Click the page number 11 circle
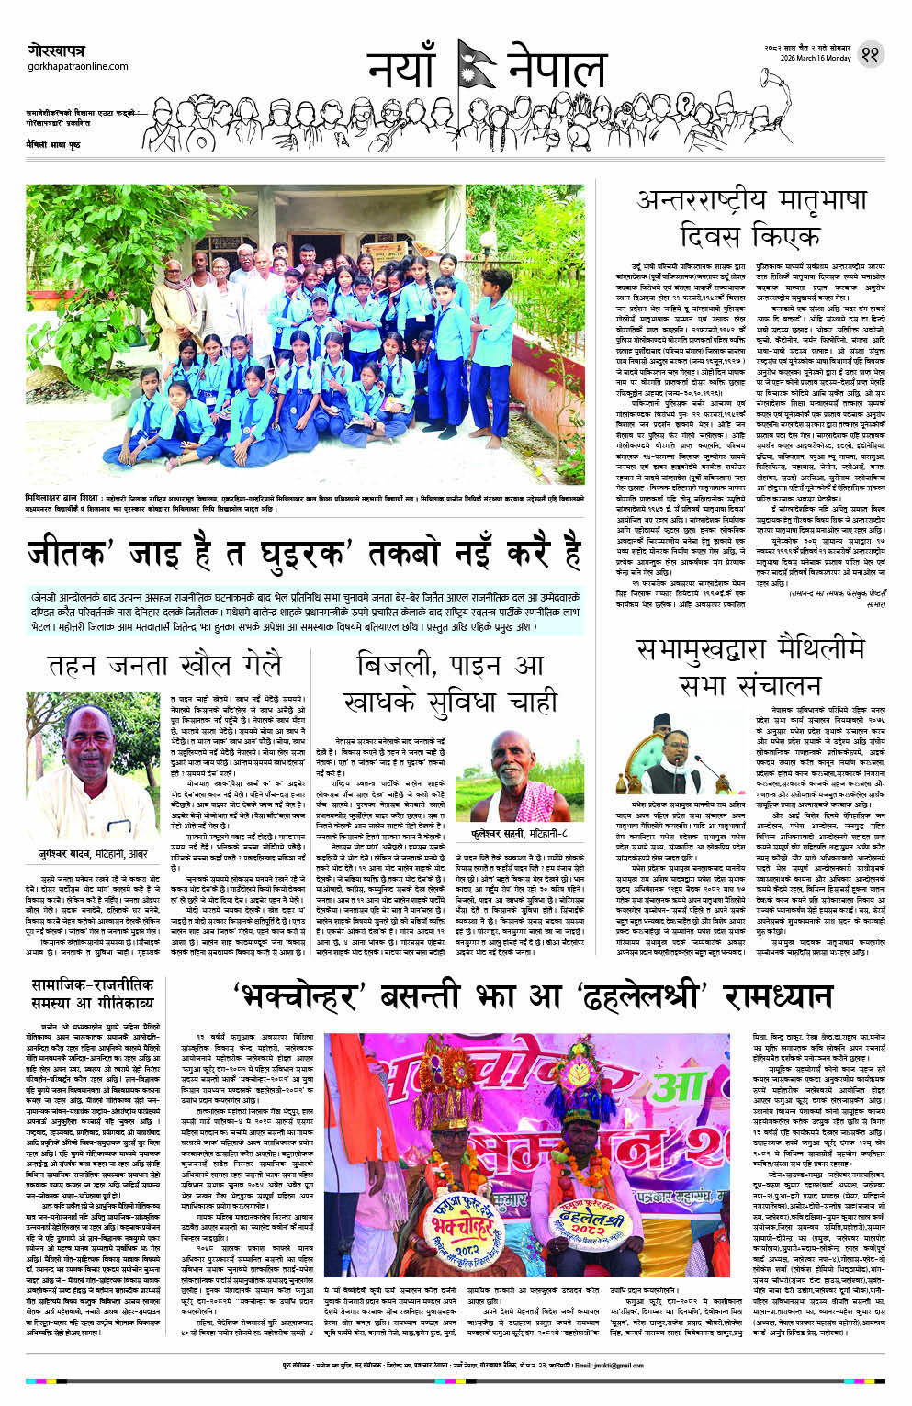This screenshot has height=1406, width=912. point(869,55)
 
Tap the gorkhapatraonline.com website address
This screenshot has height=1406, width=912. point(78,66)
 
